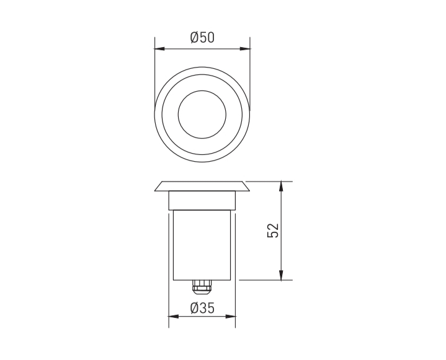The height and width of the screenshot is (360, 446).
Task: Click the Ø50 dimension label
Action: point(202,38)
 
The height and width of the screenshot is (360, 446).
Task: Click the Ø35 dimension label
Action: point(202,308)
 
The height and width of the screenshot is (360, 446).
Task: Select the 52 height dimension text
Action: point(273,230)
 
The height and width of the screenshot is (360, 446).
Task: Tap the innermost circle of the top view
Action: point(202,91)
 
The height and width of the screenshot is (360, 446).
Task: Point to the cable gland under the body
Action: point(202,287)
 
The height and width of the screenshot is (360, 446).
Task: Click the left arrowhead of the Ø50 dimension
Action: point(159,48)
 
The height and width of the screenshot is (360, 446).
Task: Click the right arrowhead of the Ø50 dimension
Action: point(245,48)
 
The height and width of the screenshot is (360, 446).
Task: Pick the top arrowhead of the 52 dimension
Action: point(281,187)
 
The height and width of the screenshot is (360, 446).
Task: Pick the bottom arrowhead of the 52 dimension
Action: point(281,274)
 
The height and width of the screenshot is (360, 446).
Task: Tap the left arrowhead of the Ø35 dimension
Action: point(174,317)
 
